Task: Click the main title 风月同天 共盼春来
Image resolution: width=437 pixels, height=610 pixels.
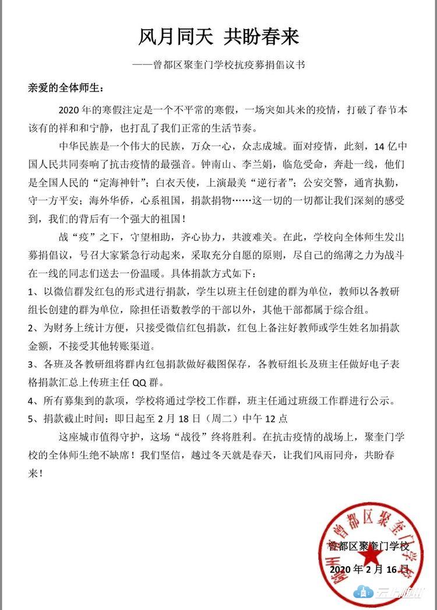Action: (218, 37)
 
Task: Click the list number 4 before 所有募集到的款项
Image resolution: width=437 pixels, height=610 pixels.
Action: (31, 401)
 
